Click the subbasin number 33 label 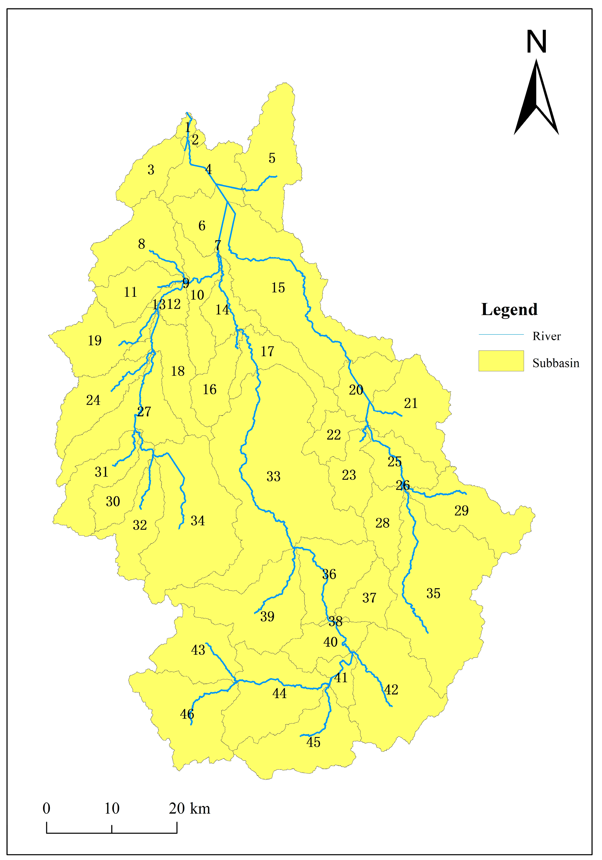coord(273,476)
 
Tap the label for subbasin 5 coord(272,159)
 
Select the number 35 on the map coord(433,593)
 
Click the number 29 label coord(461,511)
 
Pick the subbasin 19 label coord(94,341)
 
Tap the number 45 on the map coord(313,742)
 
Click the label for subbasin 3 coord(151,170)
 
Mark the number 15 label coord(278,288)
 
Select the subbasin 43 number coord(198,650)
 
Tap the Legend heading coord(509,309)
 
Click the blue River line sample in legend coord(501,334)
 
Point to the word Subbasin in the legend coord(556,363)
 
